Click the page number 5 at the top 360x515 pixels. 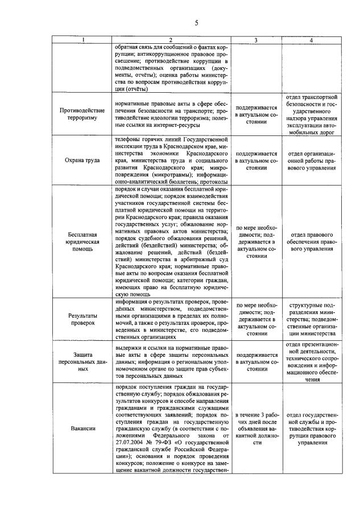tap(196, 23)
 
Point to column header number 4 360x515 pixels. tap(311, 40)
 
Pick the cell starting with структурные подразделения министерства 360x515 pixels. tap(311, 318)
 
